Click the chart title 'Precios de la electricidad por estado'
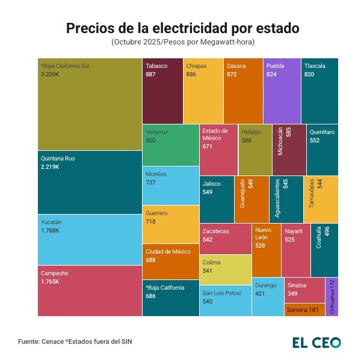pyautogui.click(x=182, y=28)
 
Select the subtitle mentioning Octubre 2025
pyautogui.click(x=182, y=42)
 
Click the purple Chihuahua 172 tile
pyautogui.click(x=332, y=297)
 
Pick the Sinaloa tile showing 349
pyautogui.click(x=304, y=290)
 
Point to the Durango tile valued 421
pyautogui.click(x=267, y=296)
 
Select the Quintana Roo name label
pyautogui.click(x=58, y=159)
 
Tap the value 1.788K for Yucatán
pyautogui.click(x=50, y=230)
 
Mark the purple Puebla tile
pyautogui.click(x=282, y=90)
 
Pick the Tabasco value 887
pyautogui.click(x=152, y=74)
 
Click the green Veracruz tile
pyautogui.click(x=170, y=144)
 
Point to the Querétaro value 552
pyautogui.click(x=314, y=139)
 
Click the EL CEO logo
pyautogui.click(x=316, y=342)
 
